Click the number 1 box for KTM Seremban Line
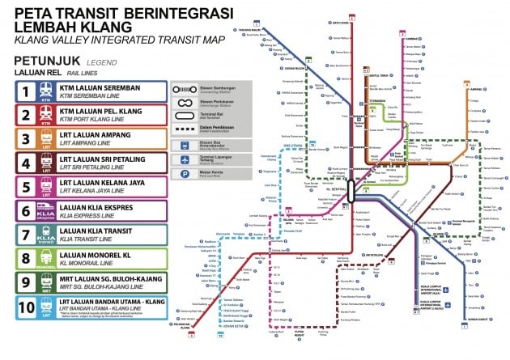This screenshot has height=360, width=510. tap(28, 92)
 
